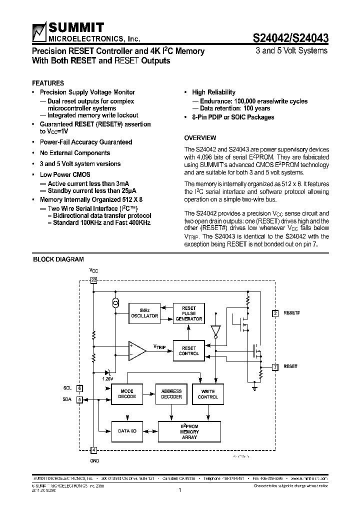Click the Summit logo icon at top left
[x=38, y=32]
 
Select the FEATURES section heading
[x=48, y=83]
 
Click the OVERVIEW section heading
[x=200, y=138]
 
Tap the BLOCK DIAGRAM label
[x=58, y=259]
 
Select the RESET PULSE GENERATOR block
[x=188, y=313]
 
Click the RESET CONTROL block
[x=188, y=350]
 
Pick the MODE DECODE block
[x=126, y=394]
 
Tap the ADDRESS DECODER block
[x=171, y=394]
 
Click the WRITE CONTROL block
[x=208, y=394]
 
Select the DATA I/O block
[x=126, y=430]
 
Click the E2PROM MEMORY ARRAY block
[x=189, y=431]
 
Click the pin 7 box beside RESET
[x=275, y=367]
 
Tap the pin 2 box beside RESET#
[x=275, y=313]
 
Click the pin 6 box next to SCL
[x=79, y=388]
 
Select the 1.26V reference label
[x=108, y=379]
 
